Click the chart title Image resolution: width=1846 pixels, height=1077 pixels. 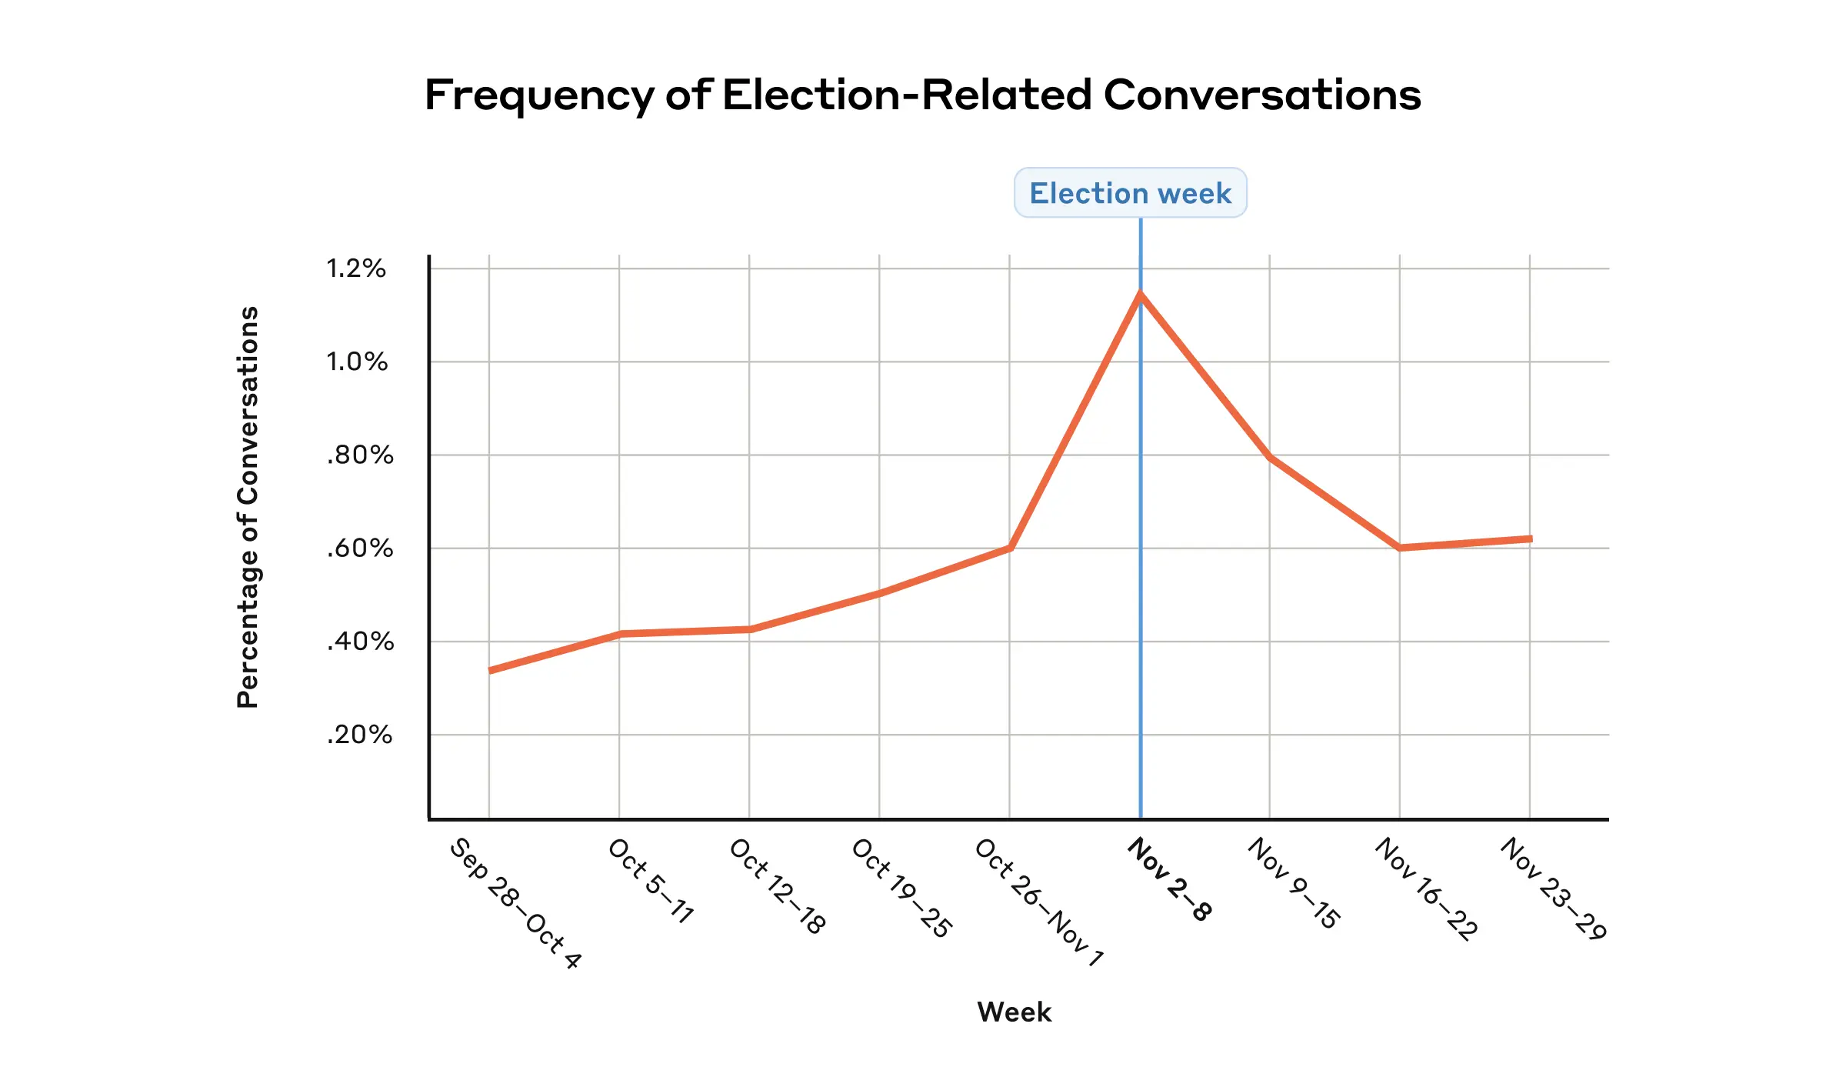[x=922, y=95]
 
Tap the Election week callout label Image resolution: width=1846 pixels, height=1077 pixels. [x=1130, y=193]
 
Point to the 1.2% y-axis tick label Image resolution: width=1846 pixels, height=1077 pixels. [x=356, y=268]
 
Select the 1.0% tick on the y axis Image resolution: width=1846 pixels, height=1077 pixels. [x=357, y=362]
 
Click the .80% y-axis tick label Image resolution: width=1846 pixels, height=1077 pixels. [x=360, y=455]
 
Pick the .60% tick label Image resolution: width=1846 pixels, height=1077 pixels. [x=360, y=549]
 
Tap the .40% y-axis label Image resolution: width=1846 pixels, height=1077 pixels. [x=360, y=642]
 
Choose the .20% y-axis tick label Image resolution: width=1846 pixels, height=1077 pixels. [x=359, y=735]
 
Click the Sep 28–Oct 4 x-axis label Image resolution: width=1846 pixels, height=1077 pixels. [x=515, y=903]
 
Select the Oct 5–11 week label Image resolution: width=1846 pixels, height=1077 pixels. [x=651, y=881]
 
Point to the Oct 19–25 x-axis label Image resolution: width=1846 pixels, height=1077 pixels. [x=902, y=889]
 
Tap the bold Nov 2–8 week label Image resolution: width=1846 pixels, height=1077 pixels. [x=1170, y=879]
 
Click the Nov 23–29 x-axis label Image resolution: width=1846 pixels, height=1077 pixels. [x=1554, y=889]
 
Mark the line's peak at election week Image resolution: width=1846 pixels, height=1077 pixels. [x=1140, y=293]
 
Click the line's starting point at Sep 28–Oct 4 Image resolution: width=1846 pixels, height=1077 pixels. [x=490, y=670]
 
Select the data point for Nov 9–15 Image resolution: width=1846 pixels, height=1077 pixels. [x=1270, y=457]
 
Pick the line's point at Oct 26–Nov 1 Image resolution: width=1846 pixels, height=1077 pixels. [x=1010, y=548]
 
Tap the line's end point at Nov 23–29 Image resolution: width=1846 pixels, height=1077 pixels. [x=1530, y=538]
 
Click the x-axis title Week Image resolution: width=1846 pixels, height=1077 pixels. [x=1014, y=1012]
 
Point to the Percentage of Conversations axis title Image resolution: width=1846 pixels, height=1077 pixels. [x=248, y=507]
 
